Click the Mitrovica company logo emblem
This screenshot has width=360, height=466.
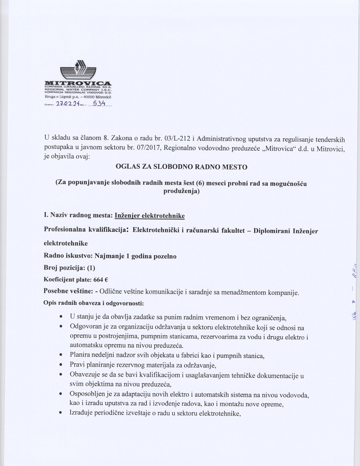pyautogui.click(x=78, y=70)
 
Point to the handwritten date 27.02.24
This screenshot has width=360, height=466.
pyautogui.click(x=67, y=104)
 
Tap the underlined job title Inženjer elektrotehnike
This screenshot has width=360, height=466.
pyautogui.click(x=150, y=215)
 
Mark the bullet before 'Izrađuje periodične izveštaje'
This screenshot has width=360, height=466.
pyautogui.click(x=61, y=414)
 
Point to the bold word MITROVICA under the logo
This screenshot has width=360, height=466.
pyautogui.click(x=79, y=83)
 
